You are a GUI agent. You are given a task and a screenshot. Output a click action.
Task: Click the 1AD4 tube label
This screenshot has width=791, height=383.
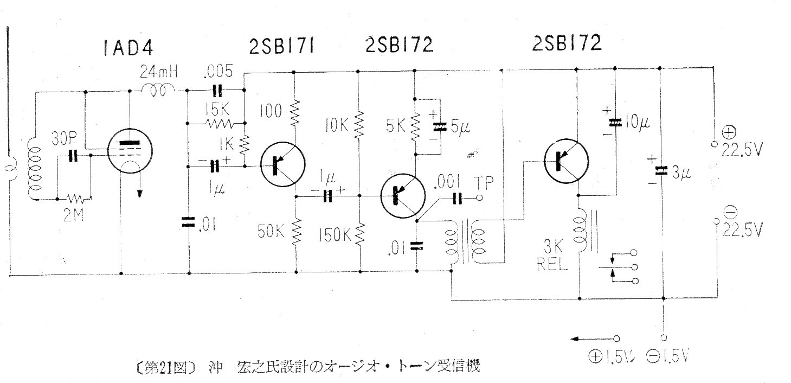(x=128, y=48)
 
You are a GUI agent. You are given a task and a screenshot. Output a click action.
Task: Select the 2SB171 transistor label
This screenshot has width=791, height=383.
(x=281, y=46)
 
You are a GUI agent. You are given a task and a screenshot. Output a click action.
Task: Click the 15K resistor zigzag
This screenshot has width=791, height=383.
(x=219, y=124)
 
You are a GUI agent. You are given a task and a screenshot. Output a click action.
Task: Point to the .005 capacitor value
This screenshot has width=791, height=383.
(x=218, y=71)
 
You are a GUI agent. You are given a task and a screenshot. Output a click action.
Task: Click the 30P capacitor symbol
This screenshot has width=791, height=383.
(x=73, y=155)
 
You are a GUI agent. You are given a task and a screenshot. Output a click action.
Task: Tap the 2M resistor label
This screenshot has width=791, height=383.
(x=73, y=214)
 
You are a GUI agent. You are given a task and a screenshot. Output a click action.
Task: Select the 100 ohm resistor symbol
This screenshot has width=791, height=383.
(x=294, y=112)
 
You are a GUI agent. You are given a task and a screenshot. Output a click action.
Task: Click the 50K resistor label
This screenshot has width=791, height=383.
(x=271, y=232)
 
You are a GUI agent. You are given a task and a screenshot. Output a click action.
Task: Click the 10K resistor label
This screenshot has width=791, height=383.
(x=337, y=125)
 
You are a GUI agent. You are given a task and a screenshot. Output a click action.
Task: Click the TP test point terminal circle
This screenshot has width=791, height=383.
(x=479, y=198)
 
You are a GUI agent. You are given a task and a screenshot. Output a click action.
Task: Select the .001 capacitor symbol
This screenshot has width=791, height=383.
(x=457, y=199)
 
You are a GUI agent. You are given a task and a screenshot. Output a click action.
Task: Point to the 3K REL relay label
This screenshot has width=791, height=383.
(x=552, y=255)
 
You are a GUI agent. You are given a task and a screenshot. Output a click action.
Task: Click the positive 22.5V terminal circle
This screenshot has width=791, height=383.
(x=714, y=144)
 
